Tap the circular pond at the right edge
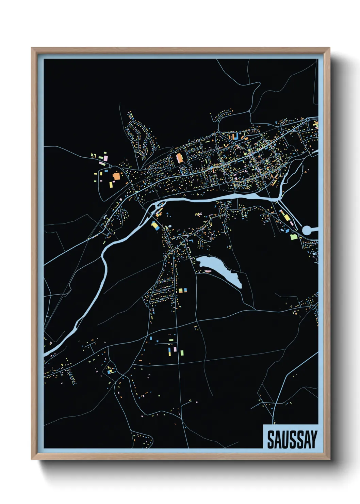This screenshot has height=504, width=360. (x=307, y=230)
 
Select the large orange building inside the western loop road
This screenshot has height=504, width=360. (x=116, y=176)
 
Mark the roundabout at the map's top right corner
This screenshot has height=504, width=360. (x=307, y=120)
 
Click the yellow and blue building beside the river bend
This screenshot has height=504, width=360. (x=156, y=226)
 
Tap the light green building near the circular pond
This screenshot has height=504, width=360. (x=293, y=237)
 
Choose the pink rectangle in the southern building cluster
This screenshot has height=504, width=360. (x=175, y=349)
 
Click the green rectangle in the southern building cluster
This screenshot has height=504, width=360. (x=182, y=352)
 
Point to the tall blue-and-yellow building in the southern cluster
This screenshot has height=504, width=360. (x=169, y=351)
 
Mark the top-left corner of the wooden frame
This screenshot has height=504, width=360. (x=32, y=48)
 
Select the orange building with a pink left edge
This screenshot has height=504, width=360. (x=179, y=158)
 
